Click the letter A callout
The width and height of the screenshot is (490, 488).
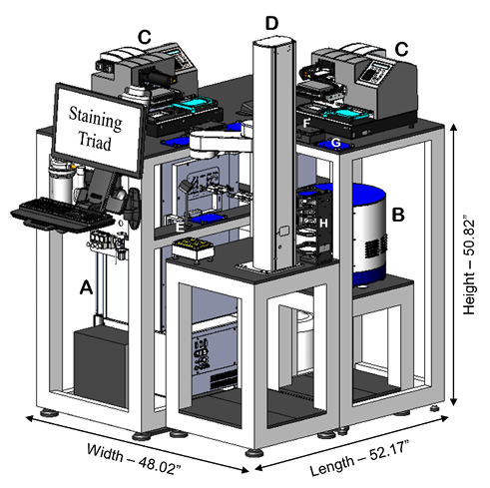(x=86, y=286)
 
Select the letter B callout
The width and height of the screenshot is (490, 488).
(x=398, y=215)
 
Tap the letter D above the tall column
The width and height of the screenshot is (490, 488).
(x=271, y=23)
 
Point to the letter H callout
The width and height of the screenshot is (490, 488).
(x=323, y=224)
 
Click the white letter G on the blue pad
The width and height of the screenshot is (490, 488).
(x=336, y=143)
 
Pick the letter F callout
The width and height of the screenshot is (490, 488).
(x=306, y=124)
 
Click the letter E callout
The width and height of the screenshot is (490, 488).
(x=180, y=228)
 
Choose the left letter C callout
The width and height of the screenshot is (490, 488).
(x=145, y=37)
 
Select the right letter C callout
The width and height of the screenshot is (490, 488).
(x=401, y=49)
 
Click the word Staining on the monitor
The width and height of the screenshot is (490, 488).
(x=96, y=118)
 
